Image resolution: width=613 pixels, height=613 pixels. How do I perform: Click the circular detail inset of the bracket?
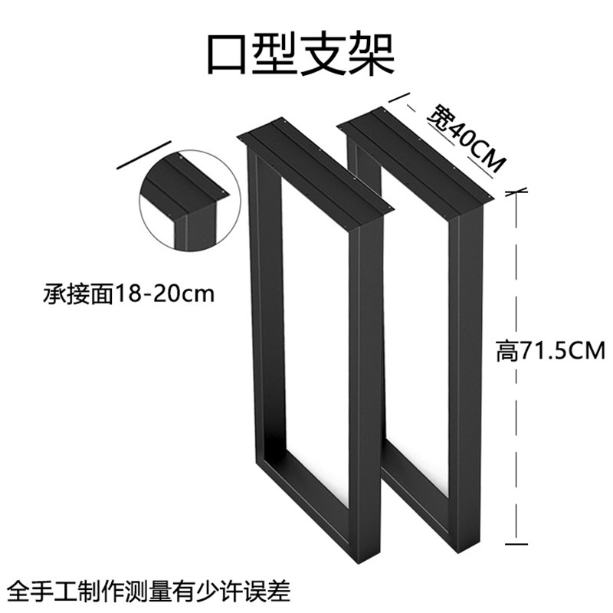click(x=183, y=200)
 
